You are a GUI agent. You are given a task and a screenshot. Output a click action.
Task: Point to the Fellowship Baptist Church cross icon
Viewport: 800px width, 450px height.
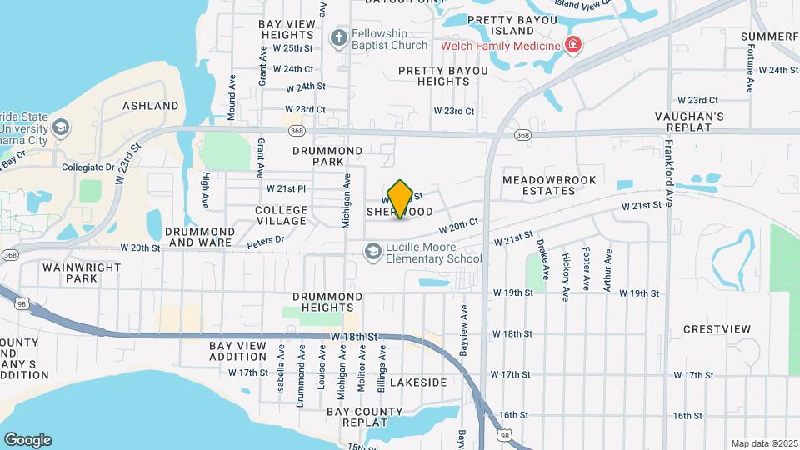pos(338,37)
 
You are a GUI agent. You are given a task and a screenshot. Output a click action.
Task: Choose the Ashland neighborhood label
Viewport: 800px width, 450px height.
pos(151,106)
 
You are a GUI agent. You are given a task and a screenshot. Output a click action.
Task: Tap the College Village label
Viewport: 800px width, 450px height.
pos(281,215)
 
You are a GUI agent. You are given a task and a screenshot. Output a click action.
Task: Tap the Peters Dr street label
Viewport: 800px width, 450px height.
pos(266,241)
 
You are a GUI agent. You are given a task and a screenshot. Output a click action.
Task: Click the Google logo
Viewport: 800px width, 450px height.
pos(27,439)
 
